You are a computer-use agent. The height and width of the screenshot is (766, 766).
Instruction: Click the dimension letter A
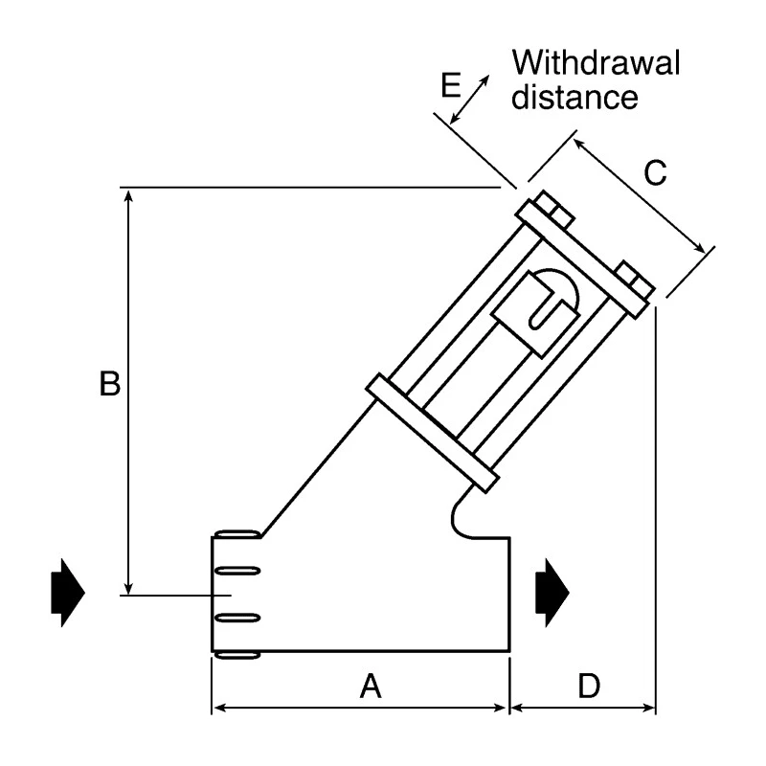pos(371,686)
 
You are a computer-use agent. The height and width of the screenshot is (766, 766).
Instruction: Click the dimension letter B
pos(110,384)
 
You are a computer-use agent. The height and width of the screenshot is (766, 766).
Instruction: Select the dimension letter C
pos(655,172)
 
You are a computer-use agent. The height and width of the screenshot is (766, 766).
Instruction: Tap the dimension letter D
pos(589,686)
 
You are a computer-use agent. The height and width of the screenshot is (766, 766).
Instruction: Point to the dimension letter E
pos(451,85)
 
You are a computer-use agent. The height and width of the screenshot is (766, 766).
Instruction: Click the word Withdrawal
pos(596,62)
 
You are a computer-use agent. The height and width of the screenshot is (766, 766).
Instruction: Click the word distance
pos(574,97)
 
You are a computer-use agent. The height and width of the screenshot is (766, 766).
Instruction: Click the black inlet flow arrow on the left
pos(68,592)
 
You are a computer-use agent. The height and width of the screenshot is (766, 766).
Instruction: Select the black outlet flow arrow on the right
pos(552,592)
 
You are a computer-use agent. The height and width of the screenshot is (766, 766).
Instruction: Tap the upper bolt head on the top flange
pos(554,210)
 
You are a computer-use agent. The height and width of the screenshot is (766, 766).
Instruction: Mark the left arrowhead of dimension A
pos(221,708)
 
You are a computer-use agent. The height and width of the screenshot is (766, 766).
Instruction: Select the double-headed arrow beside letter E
pos(469,100)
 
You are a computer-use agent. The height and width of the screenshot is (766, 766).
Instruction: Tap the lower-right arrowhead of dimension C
pos(700,248)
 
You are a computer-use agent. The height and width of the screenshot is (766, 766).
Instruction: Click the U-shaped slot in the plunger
pos(547,308)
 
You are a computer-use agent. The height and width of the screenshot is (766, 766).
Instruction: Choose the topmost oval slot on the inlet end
pos(237,534)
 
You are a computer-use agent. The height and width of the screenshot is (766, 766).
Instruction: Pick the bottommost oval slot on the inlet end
pos(237,655)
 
